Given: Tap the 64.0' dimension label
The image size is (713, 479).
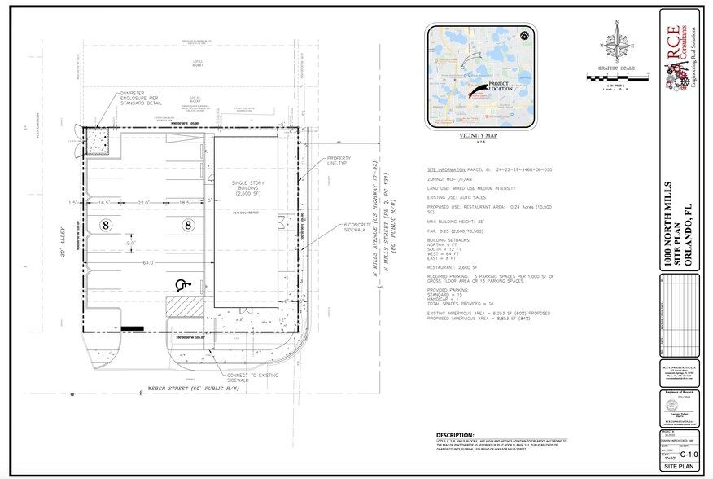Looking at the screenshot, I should (x=147, y=263).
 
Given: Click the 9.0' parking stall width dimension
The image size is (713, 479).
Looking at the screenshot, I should (x=130, y=242).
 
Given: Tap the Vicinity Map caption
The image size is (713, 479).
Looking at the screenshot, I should (x=479, y=137).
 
